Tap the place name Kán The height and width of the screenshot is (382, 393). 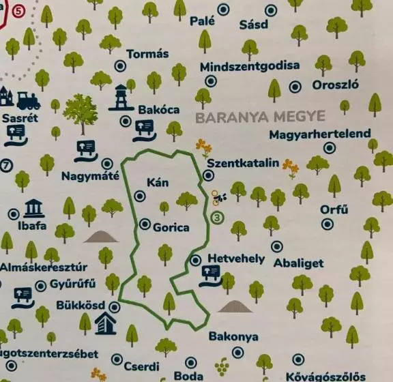coord(157,182)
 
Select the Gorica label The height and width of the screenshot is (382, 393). coord(171,227)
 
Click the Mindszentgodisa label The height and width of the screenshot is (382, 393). coord(250,66)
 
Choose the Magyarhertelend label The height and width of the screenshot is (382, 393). coord(319,134)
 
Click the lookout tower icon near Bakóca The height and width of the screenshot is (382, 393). coord(121,98)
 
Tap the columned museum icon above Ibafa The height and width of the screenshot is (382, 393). coord(33,208)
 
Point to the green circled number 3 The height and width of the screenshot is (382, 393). coord(218,218)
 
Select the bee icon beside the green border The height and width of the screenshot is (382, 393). coord(218,198)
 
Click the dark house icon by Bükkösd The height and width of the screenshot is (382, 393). coord(105,323)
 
